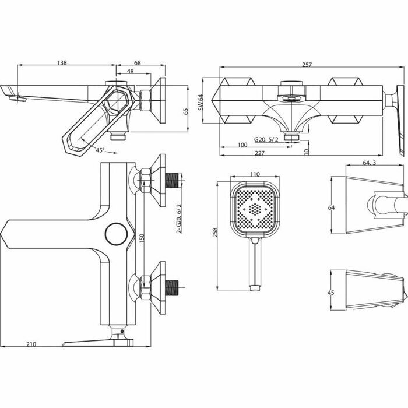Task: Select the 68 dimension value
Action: (138, 62)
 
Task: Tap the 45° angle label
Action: (101, 150)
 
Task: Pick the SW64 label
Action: (200, 102)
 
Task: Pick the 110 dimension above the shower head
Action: (254, 174)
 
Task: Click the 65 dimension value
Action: (186, 112)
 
